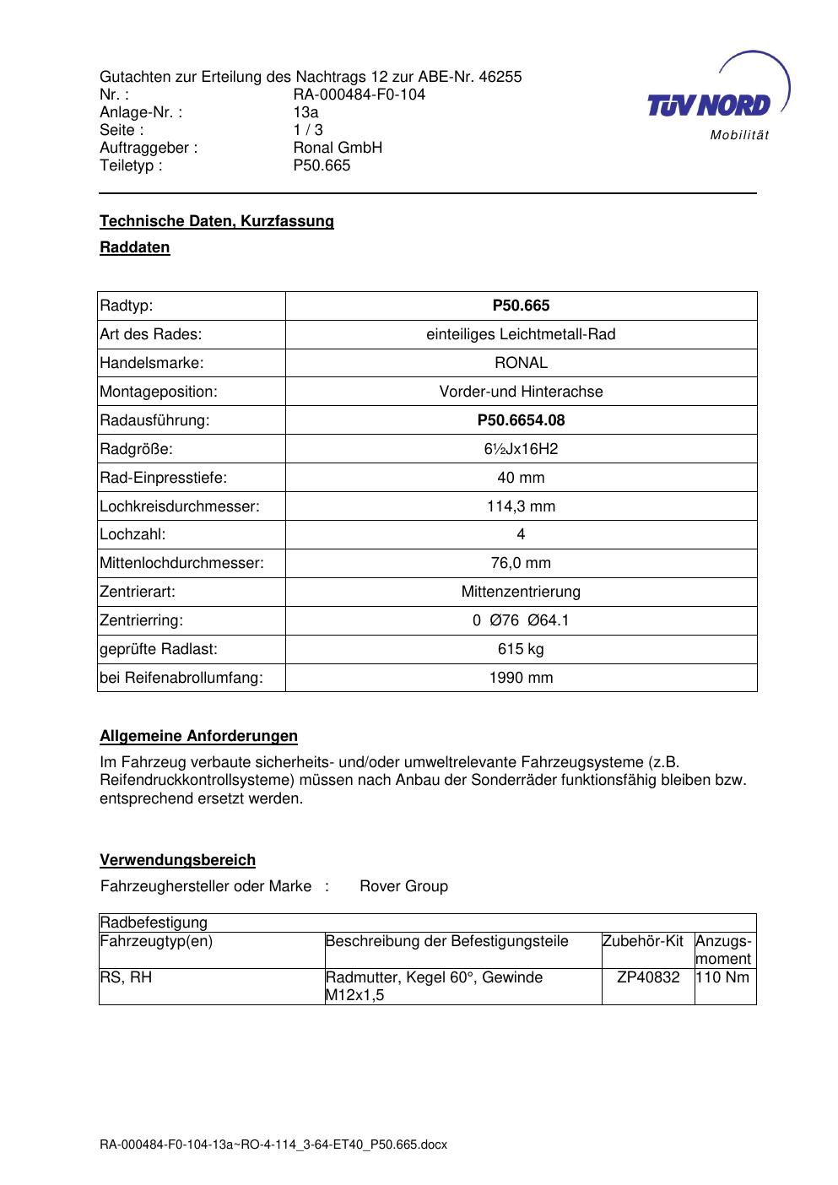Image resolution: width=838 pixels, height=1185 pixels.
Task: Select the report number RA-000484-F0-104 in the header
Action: click(359, 95)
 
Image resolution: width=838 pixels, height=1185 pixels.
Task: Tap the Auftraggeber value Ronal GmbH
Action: click(338, 148)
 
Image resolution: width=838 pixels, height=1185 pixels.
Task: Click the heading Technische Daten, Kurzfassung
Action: click(217, 221)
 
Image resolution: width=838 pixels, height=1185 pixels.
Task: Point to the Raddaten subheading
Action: click(135, 247)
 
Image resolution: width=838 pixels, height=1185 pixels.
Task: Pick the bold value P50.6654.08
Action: click(521, 420)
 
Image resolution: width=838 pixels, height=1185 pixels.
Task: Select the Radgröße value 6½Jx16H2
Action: click(521, 449)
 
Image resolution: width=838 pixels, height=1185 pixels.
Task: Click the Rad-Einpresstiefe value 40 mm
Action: click(521, 478)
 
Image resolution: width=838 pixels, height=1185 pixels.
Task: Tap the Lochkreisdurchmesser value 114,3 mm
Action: click(521, 506)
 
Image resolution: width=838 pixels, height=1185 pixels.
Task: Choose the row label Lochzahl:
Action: click(132, 534)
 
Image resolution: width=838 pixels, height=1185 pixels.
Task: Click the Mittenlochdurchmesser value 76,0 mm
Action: click(521, 563)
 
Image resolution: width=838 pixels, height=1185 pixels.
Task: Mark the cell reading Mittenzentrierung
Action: click(521, 592)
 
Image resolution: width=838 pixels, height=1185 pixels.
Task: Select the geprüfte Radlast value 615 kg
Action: click(521, 649)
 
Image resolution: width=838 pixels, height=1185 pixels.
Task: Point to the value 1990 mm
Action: click(521, 678)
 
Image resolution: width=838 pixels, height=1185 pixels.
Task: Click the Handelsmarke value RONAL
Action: click(521, 363)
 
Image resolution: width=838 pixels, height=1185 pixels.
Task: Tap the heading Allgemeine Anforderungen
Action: click(198, 736)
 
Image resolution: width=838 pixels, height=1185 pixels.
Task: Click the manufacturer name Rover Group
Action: click(403, 886)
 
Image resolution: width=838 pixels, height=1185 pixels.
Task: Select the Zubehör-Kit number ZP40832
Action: click(648, 977)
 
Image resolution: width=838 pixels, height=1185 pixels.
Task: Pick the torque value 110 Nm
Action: click(725, 977)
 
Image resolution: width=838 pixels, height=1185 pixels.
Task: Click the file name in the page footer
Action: click(273, 1144)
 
